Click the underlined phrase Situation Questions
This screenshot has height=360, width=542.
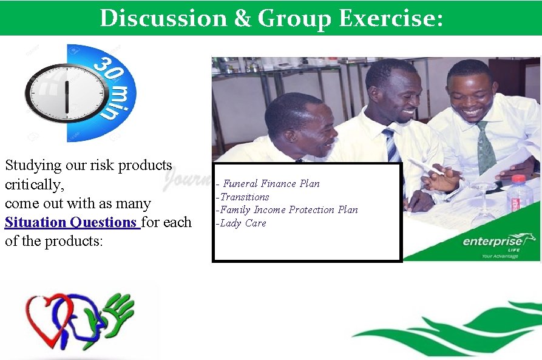pos(72,222)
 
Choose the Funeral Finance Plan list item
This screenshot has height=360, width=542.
pos(271,183)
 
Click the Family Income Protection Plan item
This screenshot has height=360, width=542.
pos(288,209)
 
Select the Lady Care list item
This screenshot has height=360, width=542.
pos(242,223)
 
